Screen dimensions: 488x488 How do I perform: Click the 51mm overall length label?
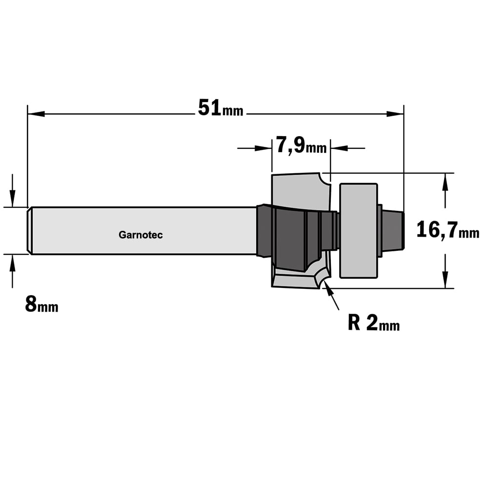coord(221,108)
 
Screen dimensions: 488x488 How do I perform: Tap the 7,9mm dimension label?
coord(301,145)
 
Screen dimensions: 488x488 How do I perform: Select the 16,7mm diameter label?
coord(447,230)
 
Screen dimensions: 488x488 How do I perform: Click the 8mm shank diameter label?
coord(41,304)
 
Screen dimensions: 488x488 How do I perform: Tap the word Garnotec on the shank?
coord(141,235)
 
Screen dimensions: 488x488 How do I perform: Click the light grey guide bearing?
coord(359,231)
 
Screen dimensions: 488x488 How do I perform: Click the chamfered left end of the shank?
coord(30,231)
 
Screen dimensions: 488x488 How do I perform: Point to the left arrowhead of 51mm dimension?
coord(36,114)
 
